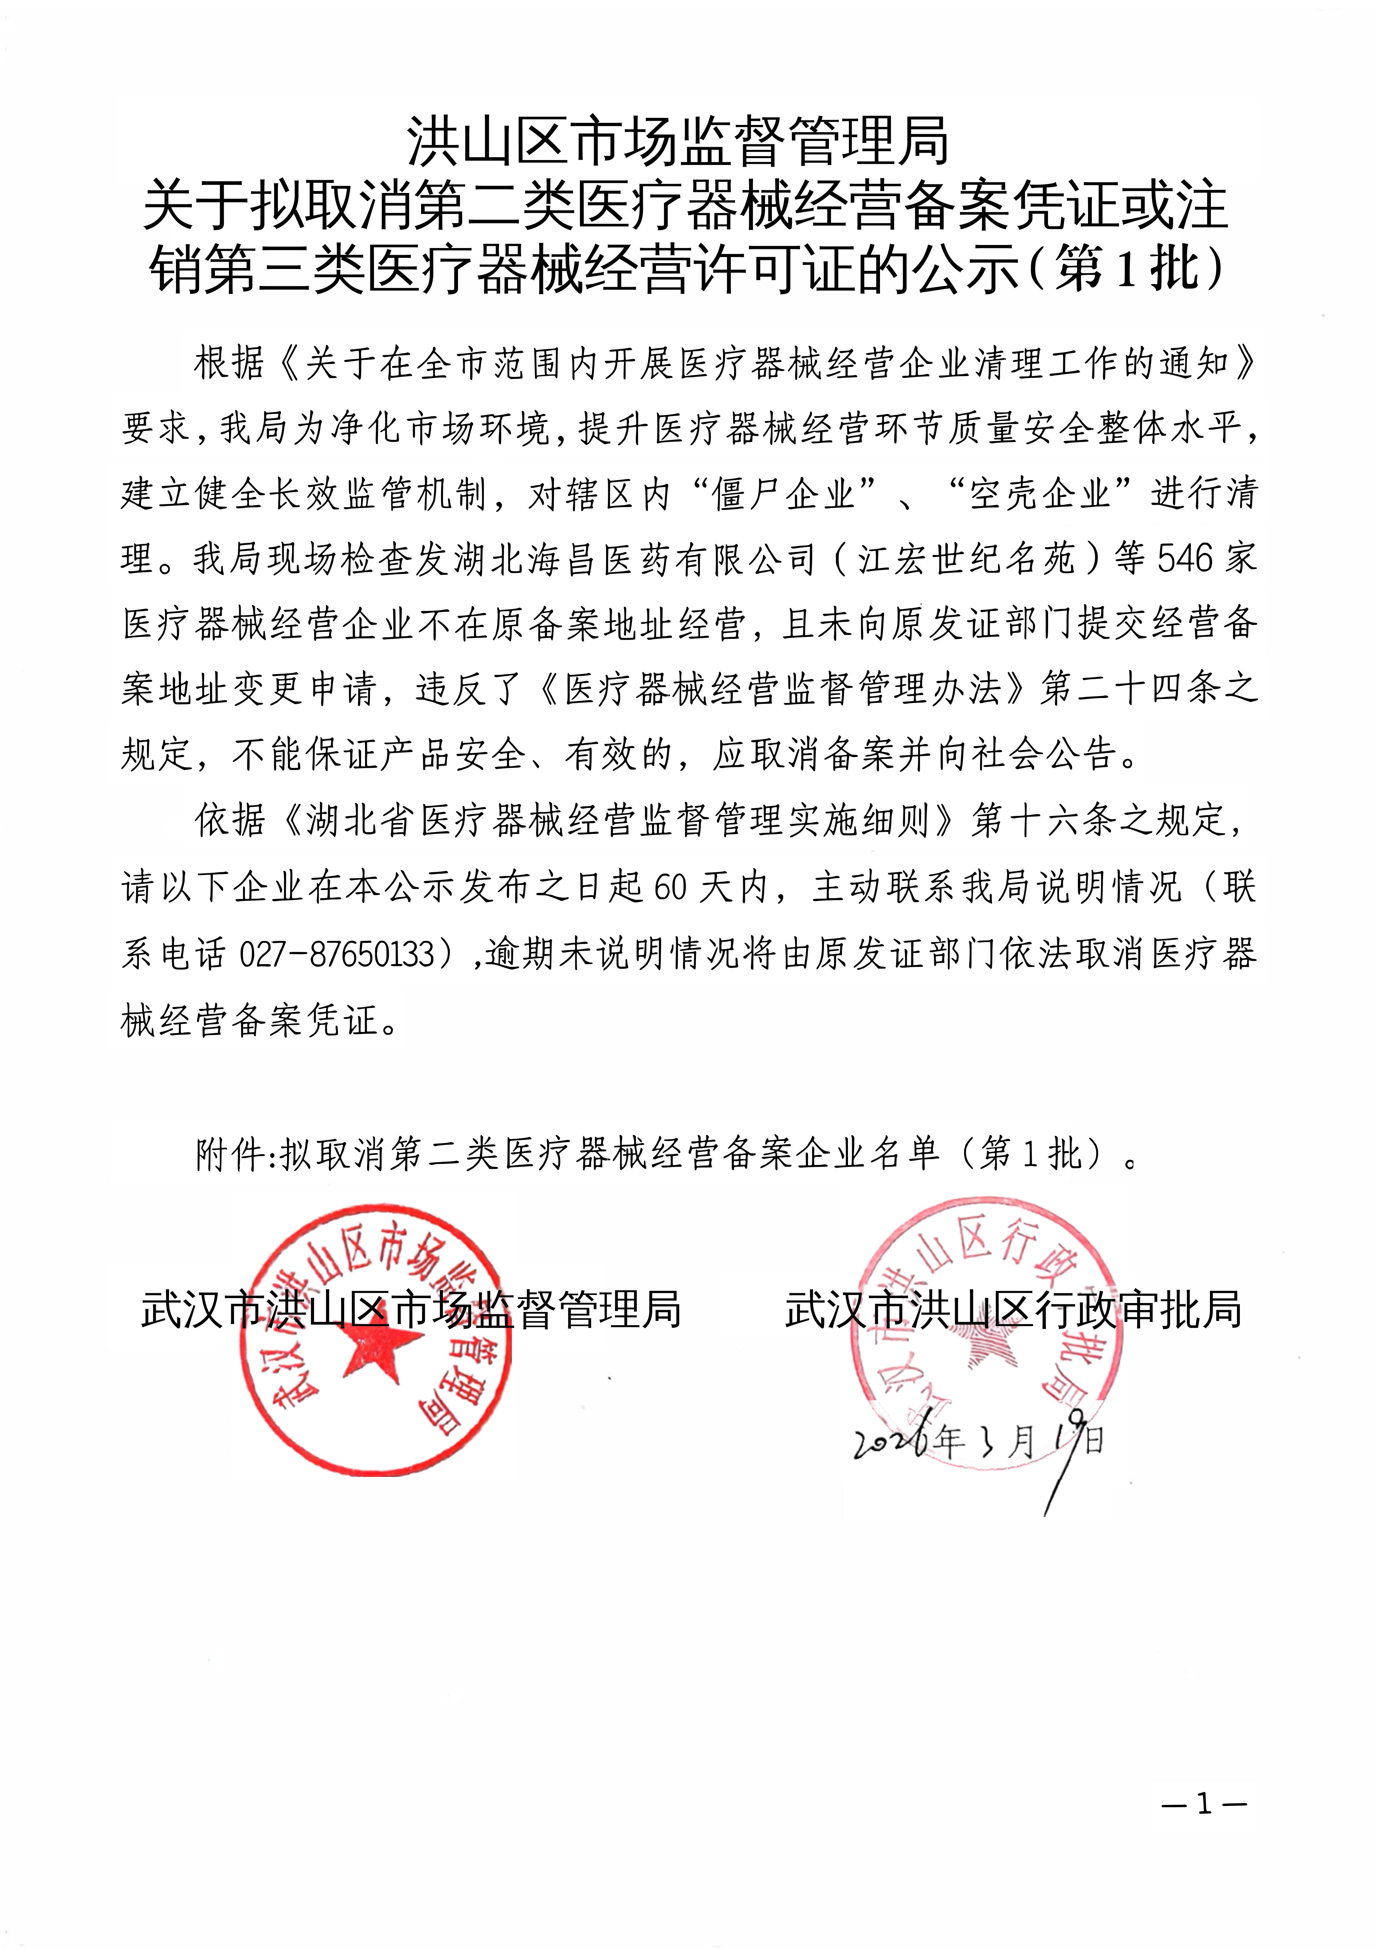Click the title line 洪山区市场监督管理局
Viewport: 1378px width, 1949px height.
coord(677,142)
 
